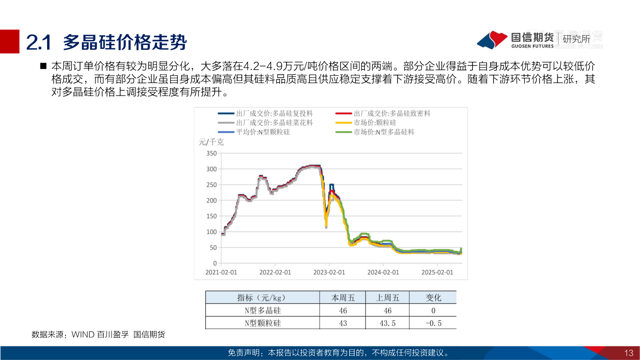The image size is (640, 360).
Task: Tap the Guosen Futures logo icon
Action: point(492,40)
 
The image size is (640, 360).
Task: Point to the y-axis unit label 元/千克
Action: point(211,142)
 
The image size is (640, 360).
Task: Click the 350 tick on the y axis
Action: point(211,153)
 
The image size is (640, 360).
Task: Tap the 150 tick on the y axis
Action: point(211,216)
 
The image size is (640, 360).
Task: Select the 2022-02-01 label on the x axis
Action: point(275,272)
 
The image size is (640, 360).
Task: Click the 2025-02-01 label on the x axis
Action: point(437,272)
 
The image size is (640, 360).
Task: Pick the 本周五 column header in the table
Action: point(343,298)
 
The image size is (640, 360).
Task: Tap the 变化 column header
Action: point(433,298)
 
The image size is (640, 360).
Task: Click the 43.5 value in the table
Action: point(388,323)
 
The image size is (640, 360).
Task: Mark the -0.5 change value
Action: point(433,323)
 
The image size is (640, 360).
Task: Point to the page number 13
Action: point(628,353)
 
